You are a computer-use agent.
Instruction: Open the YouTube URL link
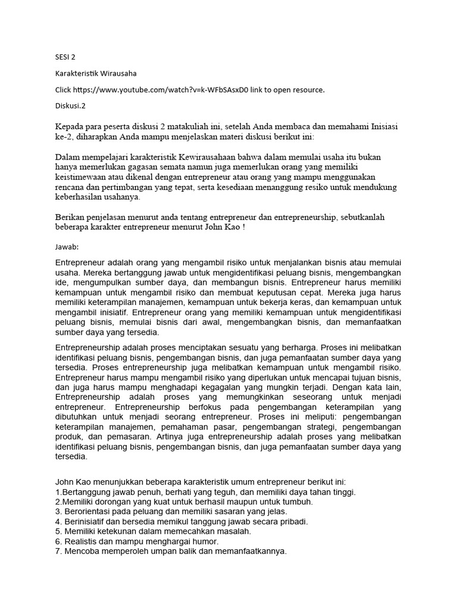[x=156, y=90]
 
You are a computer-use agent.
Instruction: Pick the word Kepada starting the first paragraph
[x=71, y=126]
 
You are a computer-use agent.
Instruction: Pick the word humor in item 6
[x=206, y=541]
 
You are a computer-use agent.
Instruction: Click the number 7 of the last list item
[x=58, y=552]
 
